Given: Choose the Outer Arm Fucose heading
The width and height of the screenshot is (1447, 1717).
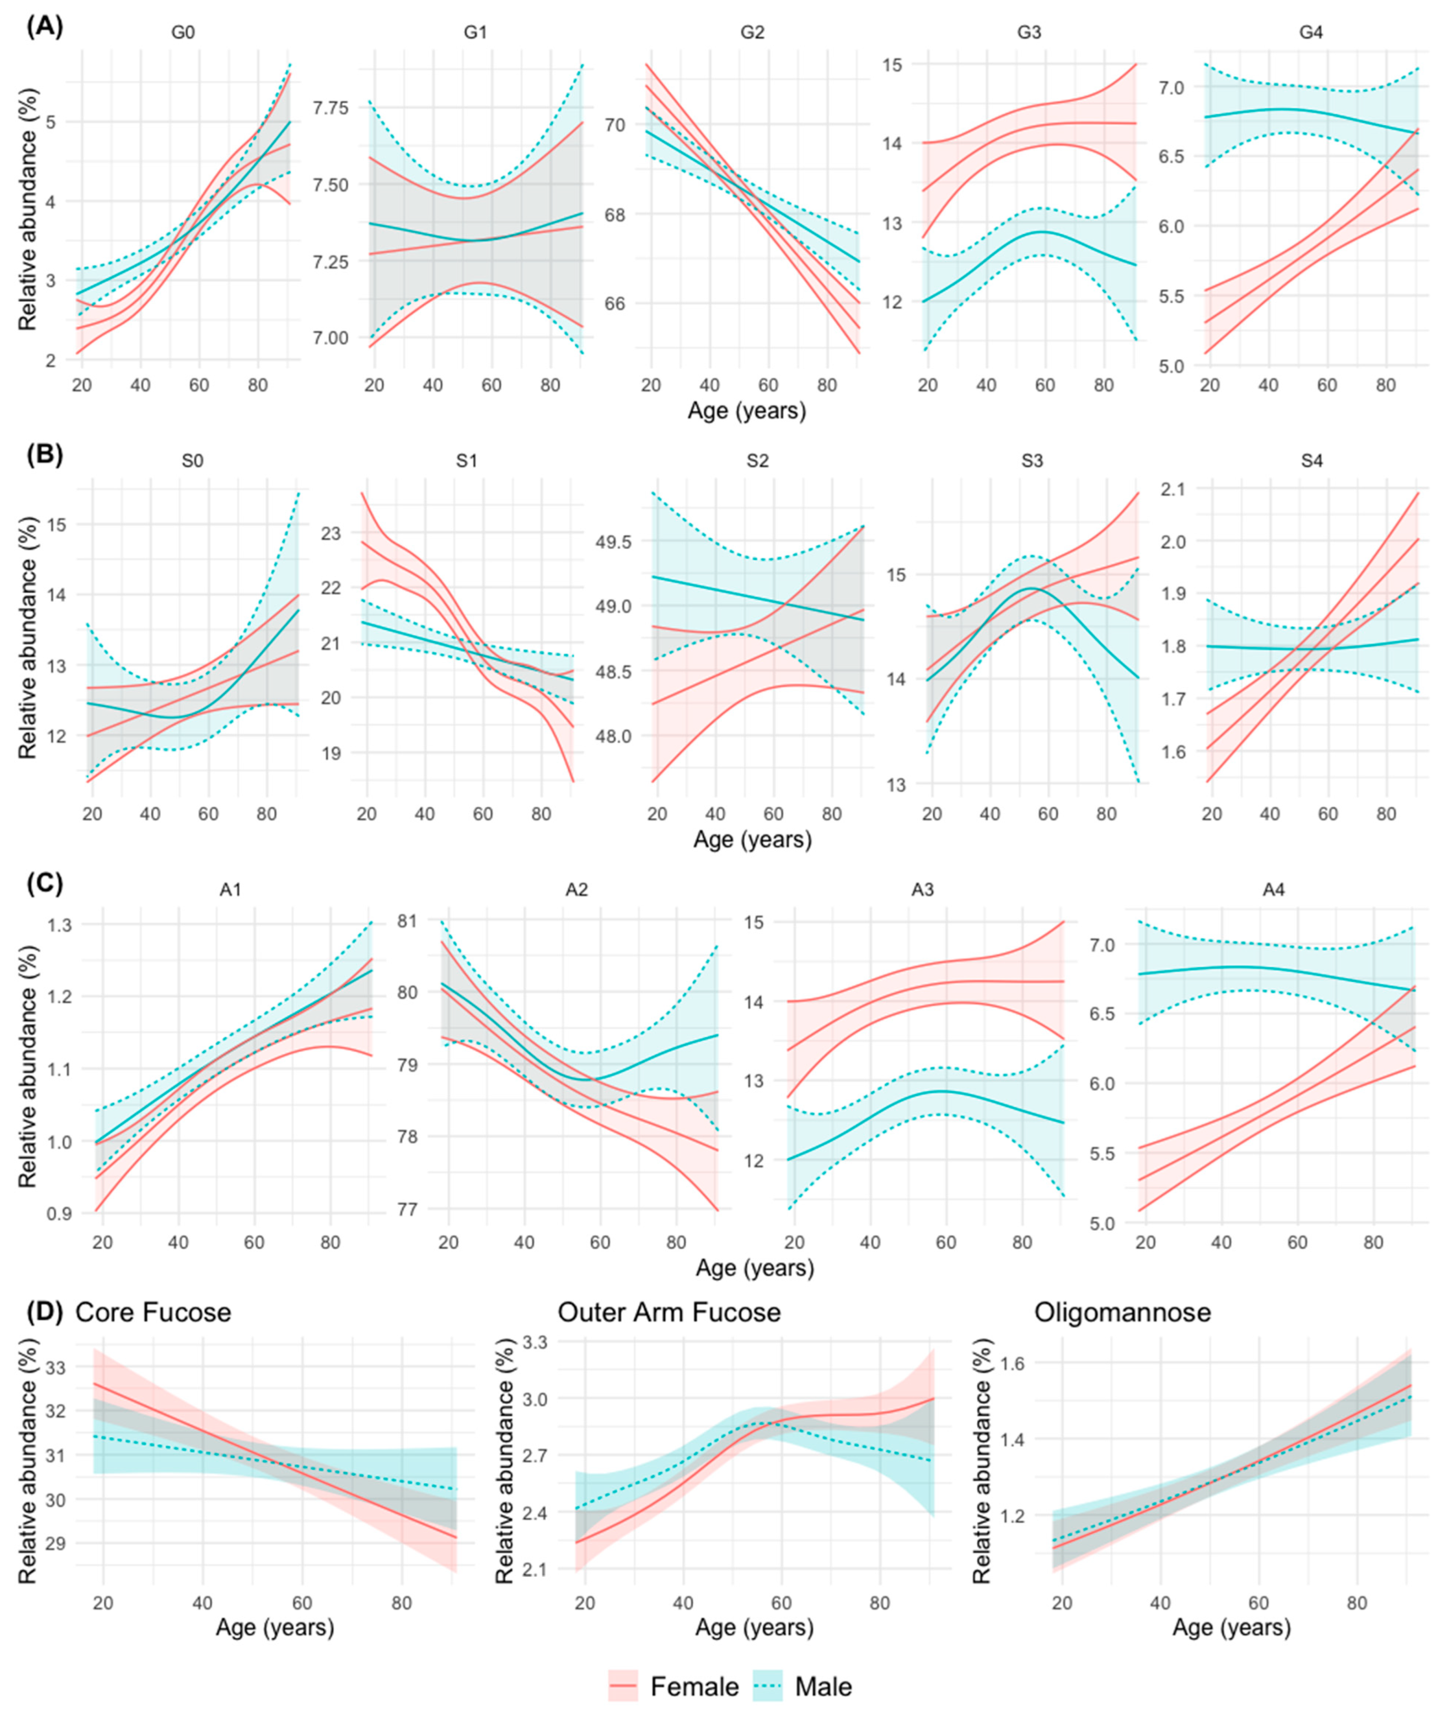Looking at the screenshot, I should click(x=669, y=1313).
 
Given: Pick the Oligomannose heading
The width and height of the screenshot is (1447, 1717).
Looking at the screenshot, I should click(x=1122, y=1313).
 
